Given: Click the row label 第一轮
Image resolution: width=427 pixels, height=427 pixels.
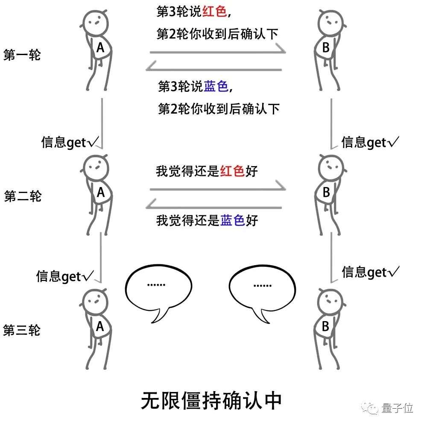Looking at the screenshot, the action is coord(22,55).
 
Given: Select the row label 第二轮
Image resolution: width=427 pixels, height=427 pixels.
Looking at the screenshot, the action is coord(23,196).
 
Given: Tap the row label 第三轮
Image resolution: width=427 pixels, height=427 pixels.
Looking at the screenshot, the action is coord(22,330).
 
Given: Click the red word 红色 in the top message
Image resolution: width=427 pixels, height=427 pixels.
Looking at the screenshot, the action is coord(214,12).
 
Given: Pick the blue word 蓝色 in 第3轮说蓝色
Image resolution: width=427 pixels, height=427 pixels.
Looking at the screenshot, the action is coord(216,86).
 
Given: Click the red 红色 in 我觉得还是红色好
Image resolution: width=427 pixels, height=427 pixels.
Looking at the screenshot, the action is coord(232,171).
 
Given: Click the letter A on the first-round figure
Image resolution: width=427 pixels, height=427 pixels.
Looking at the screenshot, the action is coord(100,48).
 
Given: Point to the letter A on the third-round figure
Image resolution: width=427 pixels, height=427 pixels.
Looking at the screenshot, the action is coord(100,326).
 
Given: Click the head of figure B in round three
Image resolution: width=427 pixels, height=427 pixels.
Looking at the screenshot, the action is coord(330,301).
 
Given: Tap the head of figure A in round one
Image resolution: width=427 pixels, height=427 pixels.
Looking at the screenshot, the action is coord(96,23).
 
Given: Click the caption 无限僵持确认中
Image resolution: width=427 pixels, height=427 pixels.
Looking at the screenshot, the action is coord(211,401).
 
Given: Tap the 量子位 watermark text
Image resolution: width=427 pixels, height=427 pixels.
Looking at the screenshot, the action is coord(397,408).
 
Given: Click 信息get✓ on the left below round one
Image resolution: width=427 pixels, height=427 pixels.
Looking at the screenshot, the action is coord(70,143).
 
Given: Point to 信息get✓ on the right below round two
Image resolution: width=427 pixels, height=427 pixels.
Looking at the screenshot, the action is coord(370,272).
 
